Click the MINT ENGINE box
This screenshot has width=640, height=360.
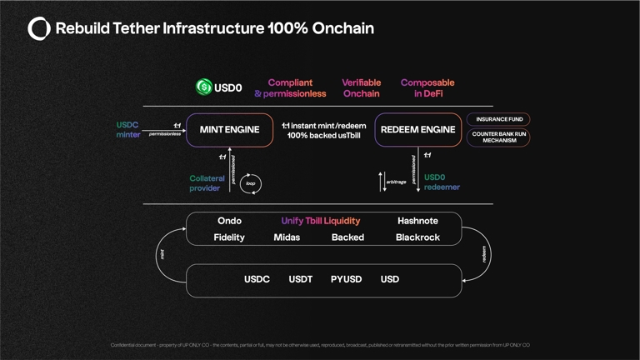(x=230, y=130)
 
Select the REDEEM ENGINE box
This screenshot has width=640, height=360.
(x=417, y=130)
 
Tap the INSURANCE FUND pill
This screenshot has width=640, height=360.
(x=499, y=119)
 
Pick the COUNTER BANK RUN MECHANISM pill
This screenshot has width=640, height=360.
(x=499, y=137)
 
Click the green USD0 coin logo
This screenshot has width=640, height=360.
(x=203, y=87)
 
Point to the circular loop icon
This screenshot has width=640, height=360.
(x=251, y=183)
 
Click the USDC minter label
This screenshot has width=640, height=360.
(x=128, y=130)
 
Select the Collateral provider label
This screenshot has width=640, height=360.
(x=207, y=183)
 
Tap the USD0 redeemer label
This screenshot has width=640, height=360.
(x=442, y=182)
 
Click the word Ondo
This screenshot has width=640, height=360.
(x=229, y=221)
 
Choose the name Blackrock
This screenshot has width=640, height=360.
(x=417, y=237)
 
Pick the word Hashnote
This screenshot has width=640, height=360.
(x=417, y=221)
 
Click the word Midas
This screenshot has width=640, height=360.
(x=287, y=237)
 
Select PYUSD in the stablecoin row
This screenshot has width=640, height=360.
(x=346, y=279)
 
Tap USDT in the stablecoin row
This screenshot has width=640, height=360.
(x=300, y=279)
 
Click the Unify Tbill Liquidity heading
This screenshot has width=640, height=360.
(x=321, y=221)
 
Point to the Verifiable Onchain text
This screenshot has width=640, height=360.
(x=362, y=88)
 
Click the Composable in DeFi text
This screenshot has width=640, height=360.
(x=427, y=88)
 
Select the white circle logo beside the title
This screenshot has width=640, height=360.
(x=39, y=29)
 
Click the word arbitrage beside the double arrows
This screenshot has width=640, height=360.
(x=397, y=182)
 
